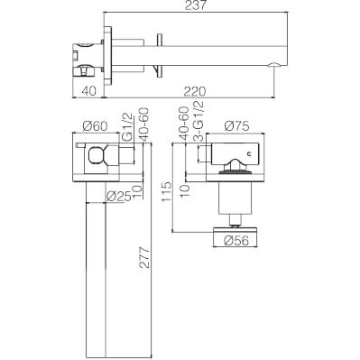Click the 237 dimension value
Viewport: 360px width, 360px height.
point(195,5)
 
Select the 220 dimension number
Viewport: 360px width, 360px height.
point(195,91)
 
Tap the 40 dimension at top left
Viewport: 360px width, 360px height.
point(88,91)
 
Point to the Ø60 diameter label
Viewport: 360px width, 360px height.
point(95,126)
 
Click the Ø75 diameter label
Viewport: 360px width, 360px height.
point(236,126)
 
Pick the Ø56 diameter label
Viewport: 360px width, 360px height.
point(236,241)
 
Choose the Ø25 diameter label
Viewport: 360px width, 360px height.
point(119,197)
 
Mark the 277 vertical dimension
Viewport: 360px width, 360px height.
point(145,257)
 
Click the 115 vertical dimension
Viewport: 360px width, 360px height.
point(166,192)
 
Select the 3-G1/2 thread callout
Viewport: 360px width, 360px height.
point(198,121)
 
